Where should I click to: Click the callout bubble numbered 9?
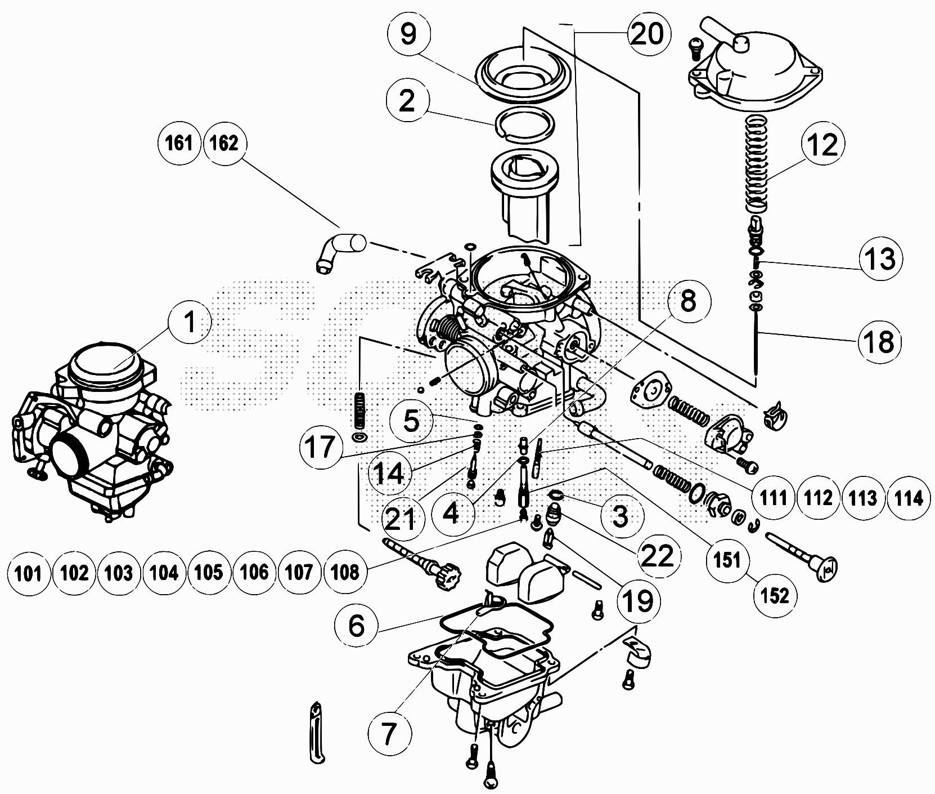pyautogui.click(x=409, y=34)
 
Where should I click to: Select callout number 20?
pyautogui.click(x=646, y=34)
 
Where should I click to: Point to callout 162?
pyautogui.click(x=224, y=144)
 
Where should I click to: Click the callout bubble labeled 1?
pyautogui.click(x=190, y=323)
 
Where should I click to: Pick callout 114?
pyautogui.click(x=908, y=498)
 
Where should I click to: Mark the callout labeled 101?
pyautogui.click(x=29, y=573)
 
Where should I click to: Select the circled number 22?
pyautogui.click(x=657, y=556)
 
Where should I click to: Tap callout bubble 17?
pyautogui.click(x=321, y=448)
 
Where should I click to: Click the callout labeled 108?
pyautogui.click(x=345, y=573)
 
